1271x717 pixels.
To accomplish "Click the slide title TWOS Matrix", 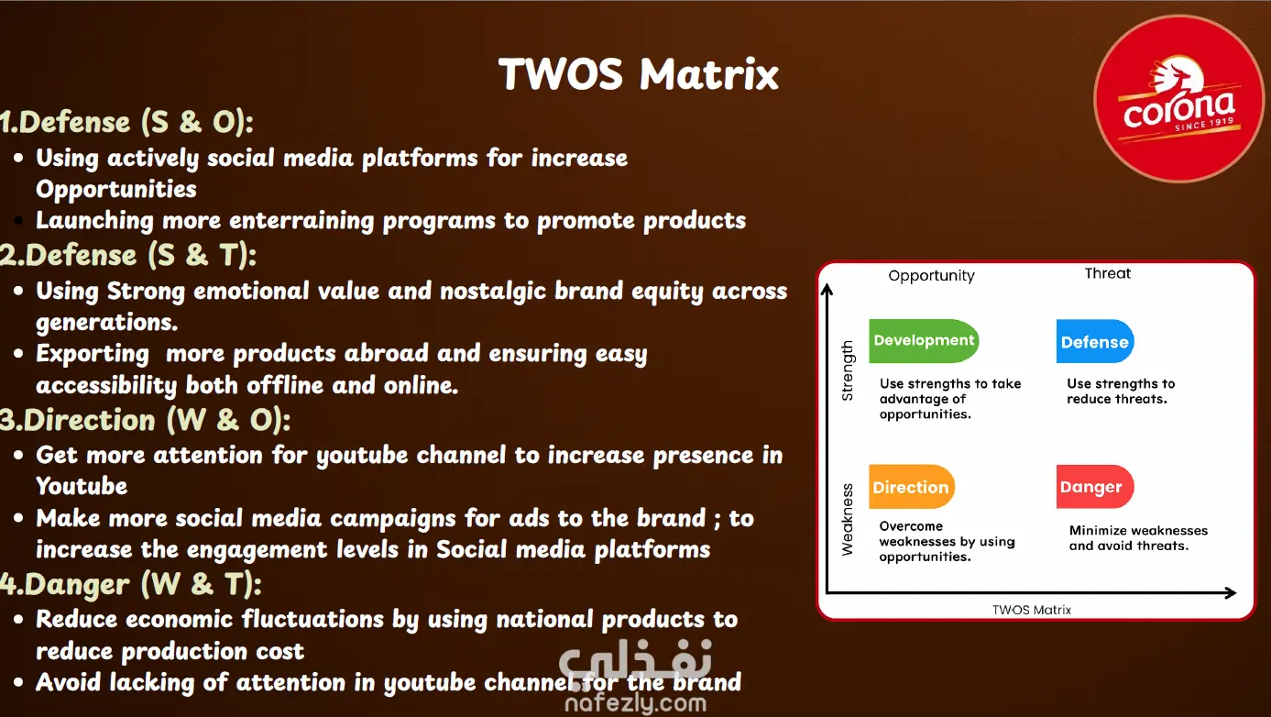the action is (639, 73).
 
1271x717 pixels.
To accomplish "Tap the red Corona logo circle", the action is (1178, 99).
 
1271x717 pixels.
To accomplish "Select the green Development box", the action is (924, 340).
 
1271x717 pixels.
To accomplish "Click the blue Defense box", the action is (1095, 341).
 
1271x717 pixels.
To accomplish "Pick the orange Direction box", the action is (911, 487).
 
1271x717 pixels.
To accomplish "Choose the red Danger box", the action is (1095, 487).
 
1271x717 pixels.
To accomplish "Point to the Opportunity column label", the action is (931, 276).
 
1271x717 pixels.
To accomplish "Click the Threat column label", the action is (1108, 273).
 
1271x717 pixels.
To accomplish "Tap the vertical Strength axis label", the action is (847, 370).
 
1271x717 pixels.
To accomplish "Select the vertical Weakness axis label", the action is (847, 520).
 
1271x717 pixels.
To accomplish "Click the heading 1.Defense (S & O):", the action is (126, 122).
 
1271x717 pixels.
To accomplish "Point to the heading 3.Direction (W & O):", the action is (146, 421).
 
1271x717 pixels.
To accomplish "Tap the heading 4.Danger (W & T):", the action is (130, 584).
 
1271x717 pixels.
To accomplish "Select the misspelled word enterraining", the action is (301, 221).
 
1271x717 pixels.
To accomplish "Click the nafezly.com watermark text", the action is (636, 703).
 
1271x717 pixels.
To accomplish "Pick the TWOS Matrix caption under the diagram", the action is (1032, 610).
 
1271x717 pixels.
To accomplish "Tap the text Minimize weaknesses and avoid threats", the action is (1138, 538).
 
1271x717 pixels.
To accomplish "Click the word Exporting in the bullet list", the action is (93, 354).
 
